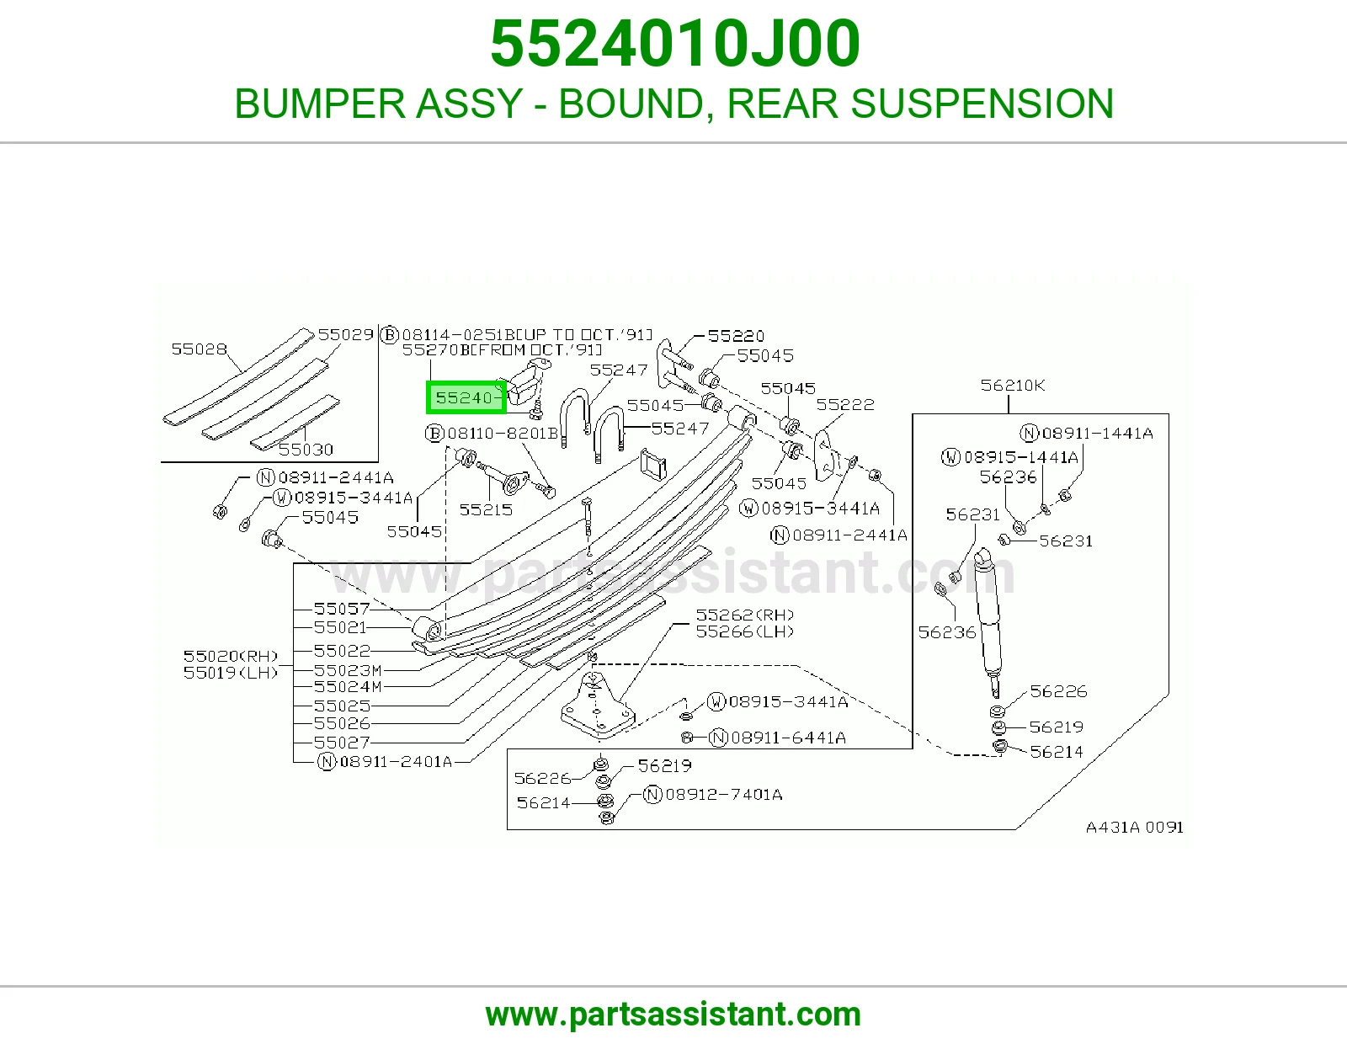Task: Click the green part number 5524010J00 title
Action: point(674,44)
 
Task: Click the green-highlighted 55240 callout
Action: point(466,397)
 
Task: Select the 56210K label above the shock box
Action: point(1012,385)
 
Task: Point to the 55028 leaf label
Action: point(199,349)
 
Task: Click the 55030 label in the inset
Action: point(306,449)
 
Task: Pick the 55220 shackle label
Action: point(736,335)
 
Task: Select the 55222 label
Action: point(845,404)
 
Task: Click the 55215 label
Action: point(486,509)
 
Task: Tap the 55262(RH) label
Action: point(744,615)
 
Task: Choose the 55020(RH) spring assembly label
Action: point(231,655)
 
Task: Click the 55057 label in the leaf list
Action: point(342,608)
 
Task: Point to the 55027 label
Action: point(342,742)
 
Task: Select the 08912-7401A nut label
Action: point(713,794)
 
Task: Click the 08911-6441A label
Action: point(778,738)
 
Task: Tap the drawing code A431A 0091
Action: point(1134,827)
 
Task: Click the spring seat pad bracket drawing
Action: point(596,705)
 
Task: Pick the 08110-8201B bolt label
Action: point(492,433)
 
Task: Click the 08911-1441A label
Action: point(1087,433)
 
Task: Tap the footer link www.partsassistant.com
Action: point(673,1015)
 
